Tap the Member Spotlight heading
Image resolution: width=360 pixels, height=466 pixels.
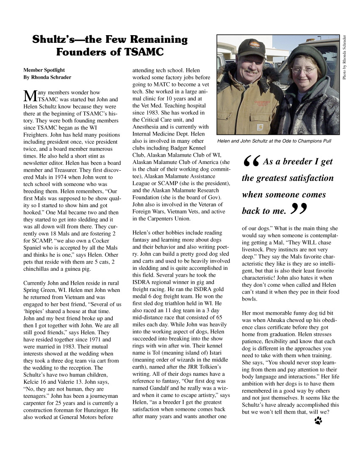[44, 69]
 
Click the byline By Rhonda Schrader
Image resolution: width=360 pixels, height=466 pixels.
[47, 77]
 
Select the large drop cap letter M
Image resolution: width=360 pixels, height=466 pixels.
[29, 95]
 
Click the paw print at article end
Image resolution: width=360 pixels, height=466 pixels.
[318, 420]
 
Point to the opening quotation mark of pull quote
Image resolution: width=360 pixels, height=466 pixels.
[251, 161]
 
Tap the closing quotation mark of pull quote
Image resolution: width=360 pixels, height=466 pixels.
[299, 208]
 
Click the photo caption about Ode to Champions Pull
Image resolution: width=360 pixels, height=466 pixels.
[274, 141]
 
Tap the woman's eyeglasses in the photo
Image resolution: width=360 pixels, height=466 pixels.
[303, 69]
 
